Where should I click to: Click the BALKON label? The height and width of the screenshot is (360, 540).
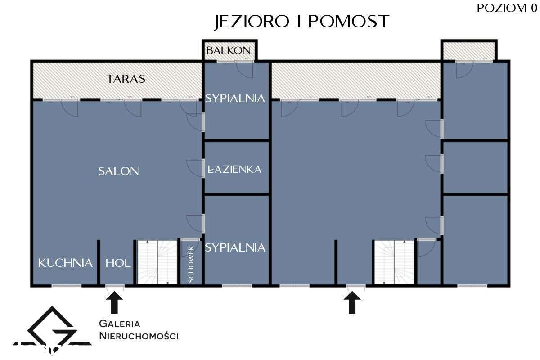tap(229, 50)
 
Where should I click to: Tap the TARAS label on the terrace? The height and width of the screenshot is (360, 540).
tap(126, 79)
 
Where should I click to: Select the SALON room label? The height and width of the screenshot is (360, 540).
tap(119, 171)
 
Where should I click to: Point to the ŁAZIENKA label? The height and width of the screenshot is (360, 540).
tap(234, 169)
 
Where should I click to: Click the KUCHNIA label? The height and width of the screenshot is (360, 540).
tap(65, 263)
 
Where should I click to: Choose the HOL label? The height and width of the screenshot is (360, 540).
tap(118, 263)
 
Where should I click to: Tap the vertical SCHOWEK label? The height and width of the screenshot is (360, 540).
tap(191, 264)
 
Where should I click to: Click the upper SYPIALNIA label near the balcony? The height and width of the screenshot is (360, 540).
tap(235, 99)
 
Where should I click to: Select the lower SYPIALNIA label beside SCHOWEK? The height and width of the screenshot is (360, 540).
tap(235, 247)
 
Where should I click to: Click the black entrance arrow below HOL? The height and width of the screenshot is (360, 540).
tap(114, 302)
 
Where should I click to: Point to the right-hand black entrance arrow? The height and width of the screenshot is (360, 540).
tap(352, 302)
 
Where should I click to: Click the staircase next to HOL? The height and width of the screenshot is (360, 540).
tap(157, 262)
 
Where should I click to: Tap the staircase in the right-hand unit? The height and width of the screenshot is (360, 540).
tap(394, 262)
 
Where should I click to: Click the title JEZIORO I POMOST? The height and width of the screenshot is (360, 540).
tap(302, 22)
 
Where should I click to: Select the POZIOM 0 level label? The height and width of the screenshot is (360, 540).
tap(507, 8)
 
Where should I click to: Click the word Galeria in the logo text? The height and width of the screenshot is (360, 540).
tap(120, 324)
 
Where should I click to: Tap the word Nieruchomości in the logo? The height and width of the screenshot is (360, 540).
tap(139, 336)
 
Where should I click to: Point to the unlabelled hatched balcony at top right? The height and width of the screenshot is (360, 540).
tap(469, 51)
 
